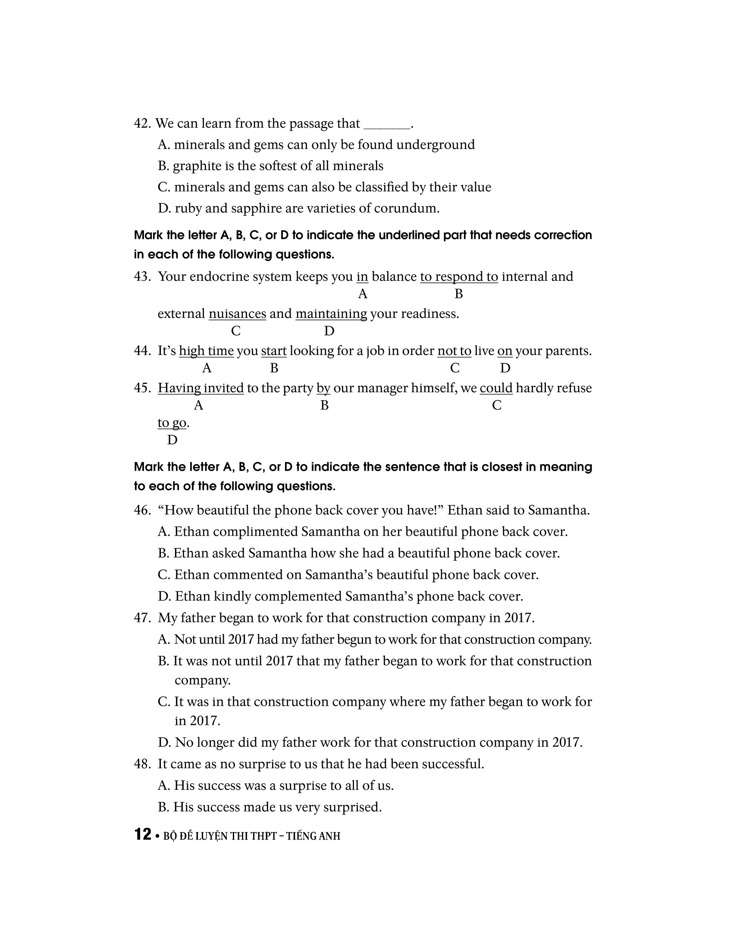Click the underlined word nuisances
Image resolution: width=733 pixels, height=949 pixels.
coord(237,314)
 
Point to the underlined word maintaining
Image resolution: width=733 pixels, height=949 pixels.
coord(331,314)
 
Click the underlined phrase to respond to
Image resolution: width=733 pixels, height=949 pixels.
coord(459,277)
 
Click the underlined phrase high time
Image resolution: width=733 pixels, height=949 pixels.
coord(206,351)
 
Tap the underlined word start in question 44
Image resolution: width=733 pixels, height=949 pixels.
coord(273,351)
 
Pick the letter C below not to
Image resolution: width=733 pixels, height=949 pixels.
coord(454,368)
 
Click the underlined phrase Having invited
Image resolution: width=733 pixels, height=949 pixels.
coord(200,388)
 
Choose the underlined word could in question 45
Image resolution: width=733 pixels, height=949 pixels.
coord(496,388)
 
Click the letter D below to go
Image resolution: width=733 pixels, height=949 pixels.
coord(172,440)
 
